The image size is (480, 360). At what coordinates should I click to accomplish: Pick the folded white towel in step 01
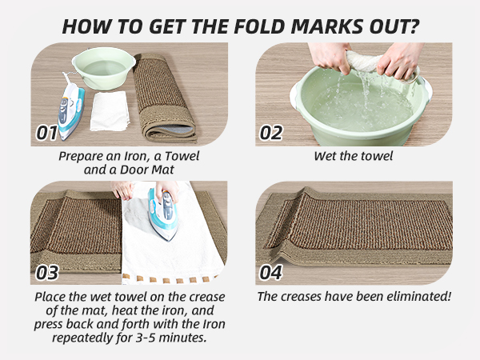coord(110,111)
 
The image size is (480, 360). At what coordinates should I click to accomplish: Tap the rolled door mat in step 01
coord(163,96)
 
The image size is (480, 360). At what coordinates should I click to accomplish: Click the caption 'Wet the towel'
coord(353,155)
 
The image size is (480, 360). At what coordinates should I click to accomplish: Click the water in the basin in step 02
coord(352,104)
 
